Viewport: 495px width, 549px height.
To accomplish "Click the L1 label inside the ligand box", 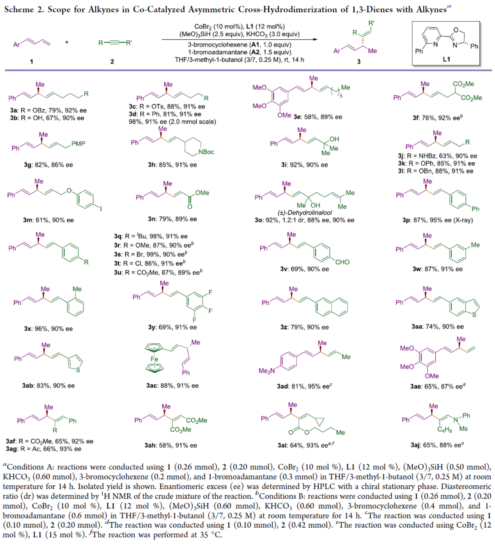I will [x=446, y=59].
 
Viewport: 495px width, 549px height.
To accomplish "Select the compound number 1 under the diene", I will [x=32, y=61].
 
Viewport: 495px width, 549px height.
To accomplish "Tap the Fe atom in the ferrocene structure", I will [x=154, y=359].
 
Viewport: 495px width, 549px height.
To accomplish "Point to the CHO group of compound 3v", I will [x=342, y=262].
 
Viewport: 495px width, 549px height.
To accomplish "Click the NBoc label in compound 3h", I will [x=206, y=152].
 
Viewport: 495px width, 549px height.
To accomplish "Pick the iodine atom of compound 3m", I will [x=101, y=209].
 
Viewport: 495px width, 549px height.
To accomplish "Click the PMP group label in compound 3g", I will [x=78, y=144].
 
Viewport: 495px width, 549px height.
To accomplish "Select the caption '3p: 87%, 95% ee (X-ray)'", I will [x=437, y=220].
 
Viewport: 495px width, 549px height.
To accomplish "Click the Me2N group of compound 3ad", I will [x=266, y=371].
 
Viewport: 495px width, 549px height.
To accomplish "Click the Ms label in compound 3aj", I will [x=463, y=429].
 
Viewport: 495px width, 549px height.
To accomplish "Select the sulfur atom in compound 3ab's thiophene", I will [x=78, y=370].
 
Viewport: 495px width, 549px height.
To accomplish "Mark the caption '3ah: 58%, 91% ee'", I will [x=170, y=445].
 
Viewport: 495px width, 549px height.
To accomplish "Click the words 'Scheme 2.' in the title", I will [x=24, y=9].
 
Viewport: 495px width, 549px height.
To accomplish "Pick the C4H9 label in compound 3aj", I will [x=445, y=430].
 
